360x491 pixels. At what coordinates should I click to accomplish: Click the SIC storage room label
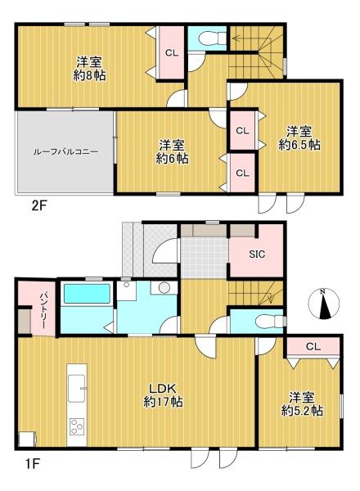pyautogui.click(x=257, y=255)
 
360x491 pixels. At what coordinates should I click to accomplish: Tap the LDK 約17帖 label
pyautogui.click(x=163, y=395)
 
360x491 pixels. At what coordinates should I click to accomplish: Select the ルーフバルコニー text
pyautogui.click(x=65, y=152)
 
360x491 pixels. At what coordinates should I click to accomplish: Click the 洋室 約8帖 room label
pyautogui.click(x=89, y=69)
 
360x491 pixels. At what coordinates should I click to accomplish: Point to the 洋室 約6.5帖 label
pyautogui.click(x=299, y=138)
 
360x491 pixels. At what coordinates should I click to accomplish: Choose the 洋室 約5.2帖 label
pyautogui.click(x=302, y=404)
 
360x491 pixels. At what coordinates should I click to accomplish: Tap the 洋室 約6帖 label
pyautogui.click(x=172, y=151)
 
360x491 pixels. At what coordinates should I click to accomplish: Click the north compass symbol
pyautogui.click(x=324, y=304)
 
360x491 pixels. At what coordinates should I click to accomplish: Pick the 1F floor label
pyautogui.click(x=32, y=464)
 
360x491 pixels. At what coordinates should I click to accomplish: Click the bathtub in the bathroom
pyautogui.click(x=87, y=294)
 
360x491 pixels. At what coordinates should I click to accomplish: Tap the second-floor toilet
pyautogui.click(x=213, y=39)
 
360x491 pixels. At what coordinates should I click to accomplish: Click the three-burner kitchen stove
pyautogui.click(x=77, y=426)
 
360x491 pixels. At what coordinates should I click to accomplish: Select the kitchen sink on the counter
pyautogui.click(x=76, y=388)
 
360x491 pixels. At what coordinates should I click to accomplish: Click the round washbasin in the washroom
pyautogui.click(x=164, y=287)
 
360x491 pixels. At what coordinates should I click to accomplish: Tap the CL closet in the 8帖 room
pyautogui.click(x=172, y=52)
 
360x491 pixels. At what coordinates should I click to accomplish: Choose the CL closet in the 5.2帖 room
pyautogui.click(x=313, y=346)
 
